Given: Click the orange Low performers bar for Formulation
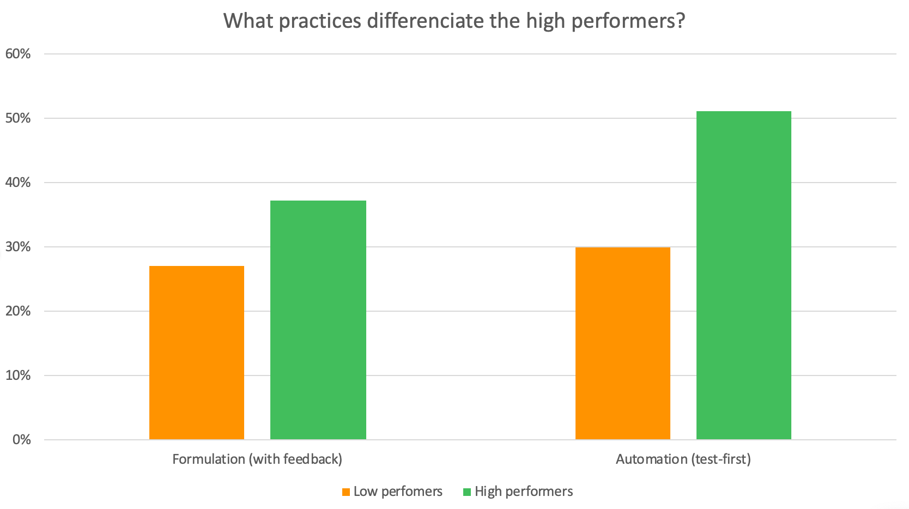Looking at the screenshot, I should [196, 352].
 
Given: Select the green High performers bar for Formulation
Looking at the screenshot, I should [318, 319].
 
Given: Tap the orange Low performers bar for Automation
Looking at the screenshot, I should [622, 343].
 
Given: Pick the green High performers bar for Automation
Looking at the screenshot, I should [743, 275].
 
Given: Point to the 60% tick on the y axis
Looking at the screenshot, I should [17, 54].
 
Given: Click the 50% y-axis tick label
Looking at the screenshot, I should [17, 118].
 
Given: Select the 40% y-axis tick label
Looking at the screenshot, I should [17, 183].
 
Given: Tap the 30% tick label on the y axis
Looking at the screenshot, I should [17, 247].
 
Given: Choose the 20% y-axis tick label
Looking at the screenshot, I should [17, 311].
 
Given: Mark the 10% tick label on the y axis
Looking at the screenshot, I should [17, 375].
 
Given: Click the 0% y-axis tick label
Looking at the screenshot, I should [21, 440].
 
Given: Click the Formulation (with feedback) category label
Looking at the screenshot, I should [257, 459].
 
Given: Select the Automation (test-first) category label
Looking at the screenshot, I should [683, 459].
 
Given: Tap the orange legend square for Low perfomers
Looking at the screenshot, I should [346, 492].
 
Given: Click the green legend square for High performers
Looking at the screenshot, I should [467, 492].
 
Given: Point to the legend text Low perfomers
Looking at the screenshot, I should [398, 492].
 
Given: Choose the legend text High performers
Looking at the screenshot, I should [524, 492].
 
